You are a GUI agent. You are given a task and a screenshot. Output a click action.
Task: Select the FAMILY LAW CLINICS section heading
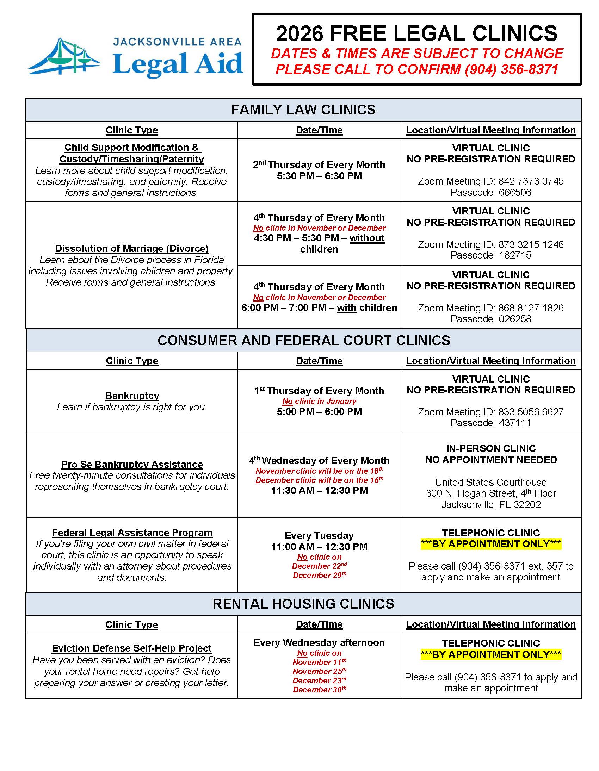click(303, 110)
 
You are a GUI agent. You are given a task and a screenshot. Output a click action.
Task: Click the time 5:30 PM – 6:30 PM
click(319, 176)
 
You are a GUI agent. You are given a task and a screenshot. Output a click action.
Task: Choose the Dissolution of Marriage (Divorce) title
click(132, 249)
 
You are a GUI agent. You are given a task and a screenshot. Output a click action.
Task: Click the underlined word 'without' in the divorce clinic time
click(366, 238)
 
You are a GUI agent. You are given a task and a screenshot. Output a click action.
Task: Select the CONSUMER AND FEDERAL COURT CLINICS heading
click(304, 340)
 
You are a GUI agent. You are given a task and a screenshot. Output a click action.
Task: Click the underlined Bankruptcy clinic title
click(132, 396)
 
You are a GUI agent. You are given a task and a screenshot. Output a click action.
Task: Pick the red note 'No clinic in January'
click(319, 402)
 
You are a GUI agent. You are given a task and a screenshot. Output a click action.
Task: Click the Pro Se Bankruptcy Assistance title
click(132, 464)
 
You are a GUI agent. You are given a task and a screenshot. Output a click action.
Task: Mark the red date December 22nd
click(319, 566)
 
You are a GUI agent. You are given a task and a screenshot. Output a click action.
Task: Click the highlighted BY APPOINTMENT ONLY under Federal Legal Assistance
click(490, 544)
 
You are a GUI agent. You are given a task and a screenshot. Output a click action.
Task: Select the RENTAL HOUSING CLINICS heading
click(303, 604)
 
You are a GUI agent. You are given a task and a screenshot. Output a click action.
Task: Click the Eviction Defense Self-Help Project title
click(132, 648)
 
